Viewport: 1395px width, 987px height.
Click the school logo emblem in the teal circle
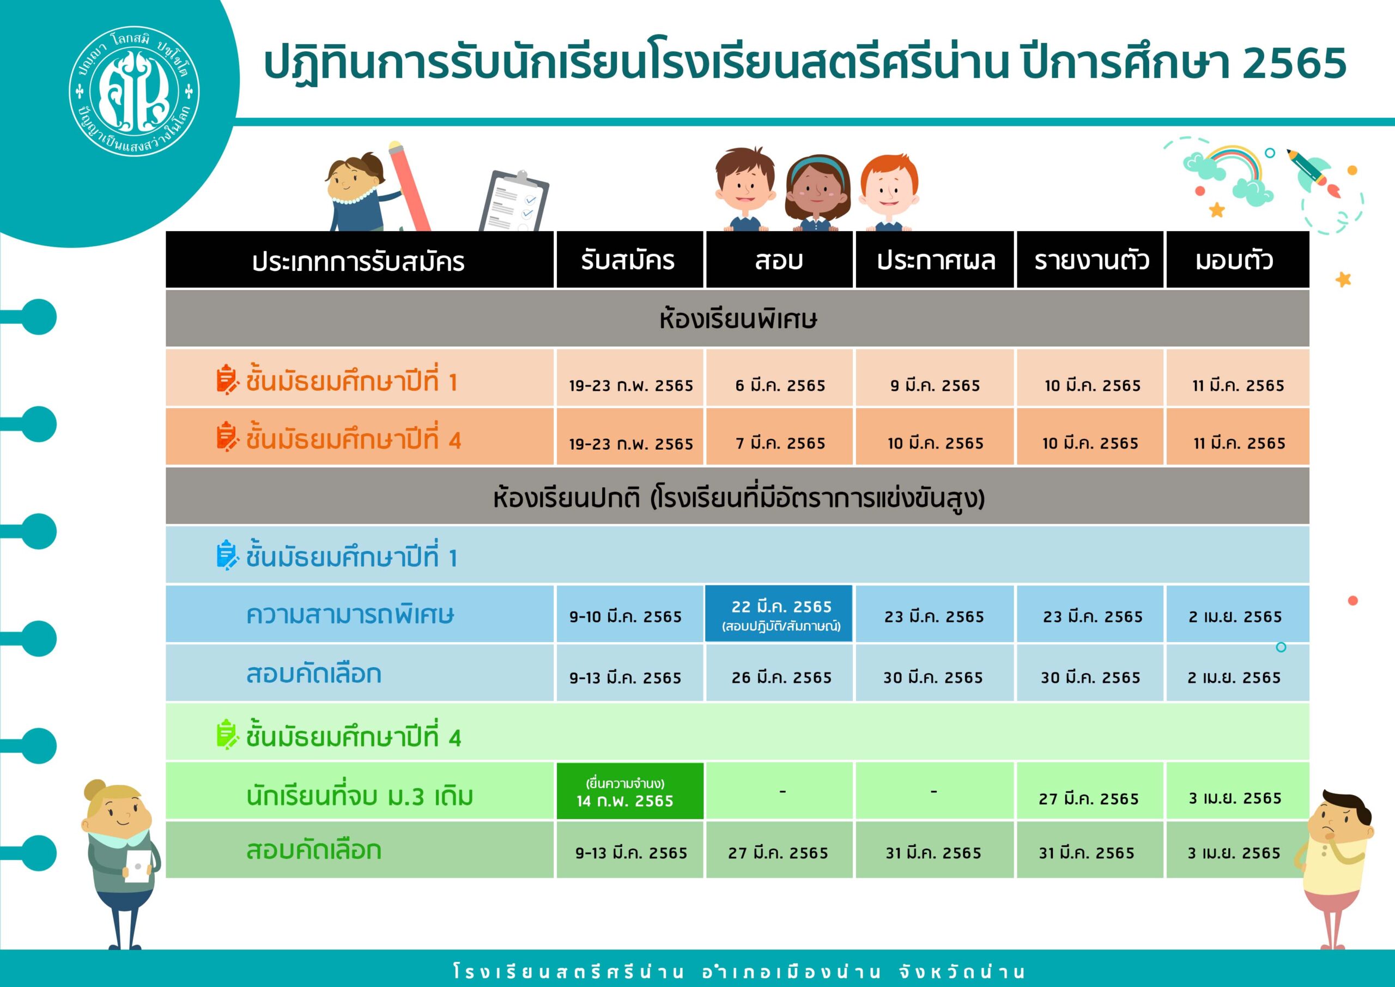pyautogui.click(x=134, y=91)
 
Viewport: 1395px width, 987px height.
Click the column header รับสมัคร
pyautogui.click(x=628, y=260)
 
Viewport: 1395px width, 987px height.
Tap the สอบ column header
pyautogui.click(x=779, y=260)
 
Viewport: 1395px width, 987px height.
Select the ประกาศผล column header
pyautogui.click(x=936, y=260)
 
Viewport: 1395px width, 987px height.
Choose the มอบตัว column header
pyautogui.click(x=1234, y=260)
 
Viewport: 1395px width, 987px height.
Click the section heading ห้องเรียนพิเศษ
pyautogui.click(x=738, y=318)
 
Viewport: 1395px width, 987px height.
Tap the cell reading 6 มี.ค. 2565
pyautogui.click(x=780, y=385)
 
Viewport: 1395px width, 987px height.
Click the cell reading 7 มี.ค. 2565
pyautogui.click(x=780, y=443)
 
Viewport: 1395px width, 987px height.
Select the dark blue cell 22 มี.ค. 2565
pyautogui.click(x=779, y=614)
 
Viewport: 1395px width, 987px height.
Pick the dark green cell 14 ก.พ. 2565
pyautogui.click(x=629, y=791)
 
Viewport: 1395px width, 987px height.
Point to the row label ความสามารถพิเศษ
pyautogui.click(x=350, y=614)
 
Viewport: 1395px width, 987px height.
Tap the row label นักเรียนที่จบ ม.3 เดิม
pyautogui.click(x=360, y=795)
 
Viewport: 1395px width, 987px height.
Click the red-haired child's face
pyautogui.click(x=889, y=187)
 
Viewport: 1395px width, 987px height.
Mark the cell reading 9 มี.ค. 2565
pyautogui.click(x=935, y=385)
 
